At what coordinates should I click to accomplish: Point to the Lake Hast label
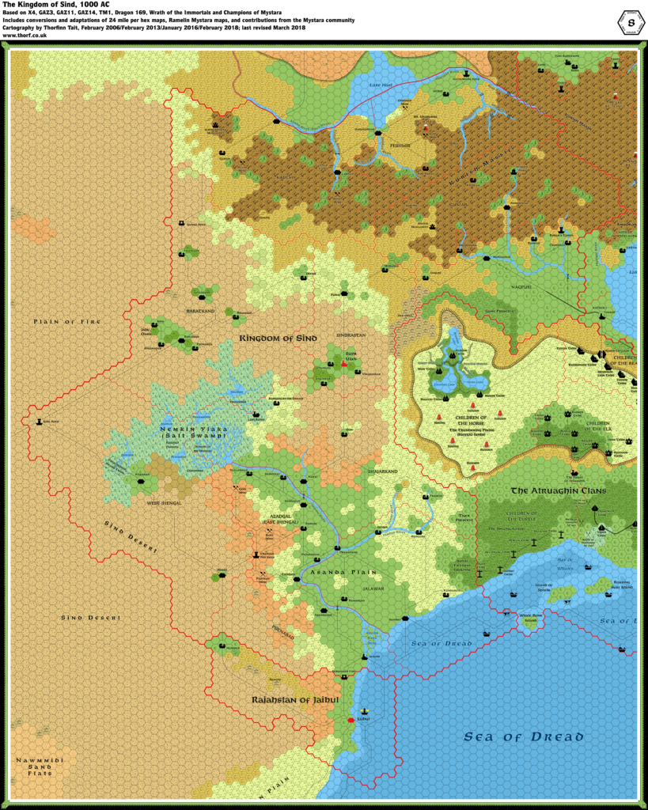(381, 83)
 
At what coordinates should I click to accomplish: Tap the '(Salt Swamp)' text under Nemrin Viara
(184, 437)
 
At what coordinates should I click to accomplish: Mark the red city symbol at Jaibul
(351, 720)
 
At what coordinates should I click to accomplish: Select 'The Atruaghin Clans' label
(558, 491)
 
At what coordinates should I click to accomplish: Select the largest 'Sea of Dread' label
(524, 737)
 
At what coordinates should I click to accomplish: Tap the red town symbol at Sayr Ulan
(344, 365)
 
